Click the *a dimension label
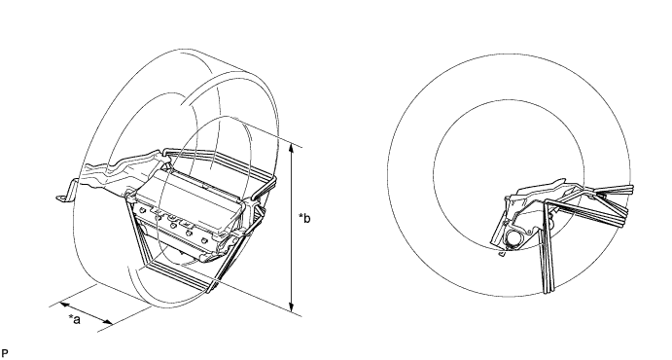(x=75, y=319)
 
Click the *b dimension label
(x=304, y=218)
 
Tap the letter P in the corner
(x=5, y=353)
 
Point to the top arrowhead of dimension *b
(x=292, y=148)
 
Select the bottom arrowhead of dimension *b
(x=292, y=307)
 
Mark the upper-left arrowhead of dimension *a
(x=64, y=305)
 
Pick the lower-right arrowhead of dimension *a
(x=108, y=322)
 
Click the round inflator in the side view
(x=513, y=238)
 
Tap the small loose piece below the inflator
(x=502, y=254)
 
